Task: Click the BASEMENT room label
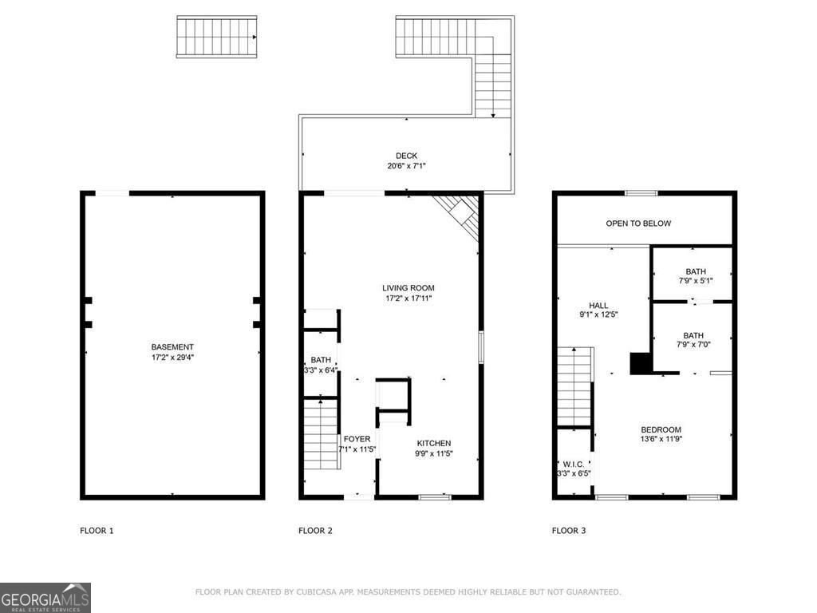[x=172, y=347]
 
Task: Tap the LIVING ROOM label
[x=408, y=288]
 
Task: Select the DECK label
[x=406, y=156]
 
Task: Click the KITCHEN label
[x=433, y=443]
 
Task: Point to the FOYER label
[x=357, y=439]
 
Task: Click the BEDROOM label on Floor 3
[x=661, y=429]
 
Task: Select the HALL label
[x=598, y=306]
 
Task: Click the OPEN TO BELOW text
[x=638, y=223]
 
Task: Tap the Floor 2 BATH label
[x=321, y=360]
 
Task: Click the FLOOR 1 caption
[x=97, y=530]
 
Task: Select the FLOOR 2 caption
[x=315, y=530]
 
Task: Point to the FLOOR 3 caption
[x=569, y=530]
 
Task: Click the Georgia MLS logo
[x=45, y=598]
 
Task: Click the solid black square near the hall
[x=641, y=363]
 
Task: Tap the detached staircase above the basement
[x=216, y=37]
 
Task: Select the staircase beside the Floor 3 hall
[x=574, y=386]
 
